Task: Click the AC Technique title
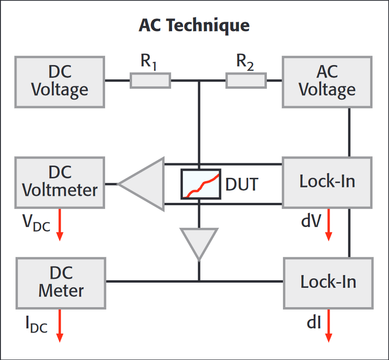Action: pyautogui.click(x=194, y=25)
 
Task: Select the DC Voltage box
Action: pyautogui.click(x=59, y=81)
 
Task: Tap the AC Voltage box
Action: pyautogui.click(x=327, y=81)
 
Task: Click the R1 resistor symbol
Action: pyautogui.click(x=150, y=81)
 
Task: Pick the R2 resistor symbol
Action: pyautogui.click(x=246, y=81)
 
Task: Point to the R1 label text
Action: pyautogui.click(x=149, y=62)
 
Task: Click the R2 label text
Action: pyautogui.click(x=245, y=62)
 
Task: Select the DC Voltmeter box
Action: pyautogui.click(x=59, y=182)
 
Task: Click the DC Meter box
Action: pyautogui.click(x=61, y=282)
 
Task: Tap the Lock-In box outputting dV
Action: pyautogui.click(x=327, y=182)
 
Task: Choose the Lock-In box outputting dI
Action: pyautogui.click(x=328, y=282)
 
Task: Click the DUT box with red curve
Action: pyautogui.click(x=201, y=184)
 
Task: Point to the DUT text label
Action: pyautogui.click(x=242, y=184)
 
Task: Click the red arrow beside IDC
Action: pyautogui.click(x=60, y=325)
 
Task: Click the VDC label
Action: pyautogui.click(x=36, y=223)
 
